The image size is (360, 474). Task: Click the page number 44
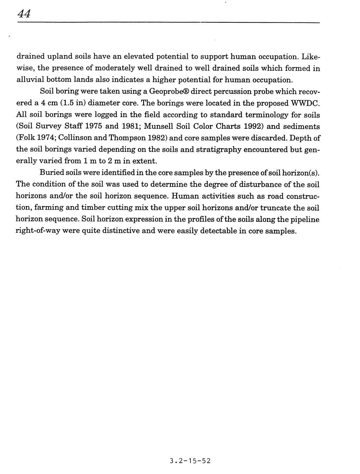(24, 14)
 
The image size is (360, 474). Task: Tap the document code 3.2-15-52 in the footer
(190, 461)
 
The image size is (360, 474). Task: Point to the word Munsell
(159, 126)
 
